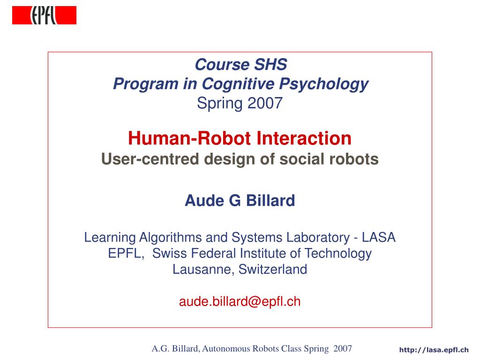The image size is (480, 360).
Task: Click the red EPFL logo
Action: [44, 15]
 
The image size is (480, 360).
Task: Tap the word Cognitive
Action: [238, 84]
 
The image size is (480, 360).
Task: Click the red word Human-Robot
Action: [189, 138]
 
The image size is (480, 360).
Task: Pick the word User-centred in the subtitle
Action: [150, 159]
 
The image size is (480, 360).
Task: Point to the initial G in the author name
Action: [235, 201]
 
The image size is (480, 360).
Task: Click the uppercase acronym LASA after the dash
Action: [379, 238]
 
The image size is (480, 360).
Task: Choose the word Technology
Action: [338, 254]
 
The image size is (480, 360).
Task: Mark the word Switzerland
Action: [273, 270]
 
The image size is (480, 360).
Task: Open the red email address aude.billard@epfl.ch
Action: [240, 302]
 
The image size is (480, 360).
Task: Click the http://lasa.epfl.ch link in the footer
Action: [434, 350]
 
